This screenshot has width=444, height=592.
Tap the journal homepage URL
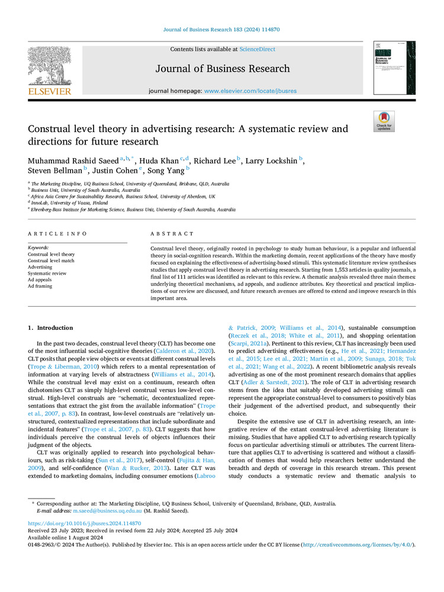tap(250, 91)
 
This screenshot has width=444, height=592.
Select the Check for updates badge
tap(384, 121)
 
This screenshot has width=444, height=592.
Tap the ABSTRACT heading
tap(172, 234)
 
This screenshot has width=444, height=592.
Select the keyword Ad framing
tap(40, 286)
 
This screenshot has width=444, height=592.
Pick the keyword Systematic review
tap(47, 274)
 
